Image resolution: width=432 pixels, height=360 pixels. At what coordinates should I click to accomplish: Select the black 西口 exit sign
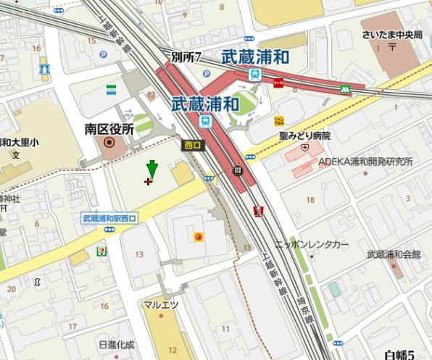click(193, 145)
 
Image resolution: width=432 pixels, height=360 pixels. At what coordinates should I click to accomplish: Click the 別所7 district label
click(186, 57)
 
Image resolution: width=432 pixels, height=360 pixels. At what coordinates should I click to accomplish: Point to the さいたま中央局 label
click(391, 35)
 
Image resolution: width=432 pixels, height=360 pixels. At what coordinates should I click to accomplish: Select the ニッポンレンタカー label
click(321, 245)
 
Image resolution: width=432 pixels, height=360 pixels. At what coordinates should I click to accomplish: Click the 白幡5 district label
click(399, 353)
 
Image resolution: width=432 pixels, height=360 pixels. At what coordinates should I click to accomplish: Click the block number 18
click(310, 199)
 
